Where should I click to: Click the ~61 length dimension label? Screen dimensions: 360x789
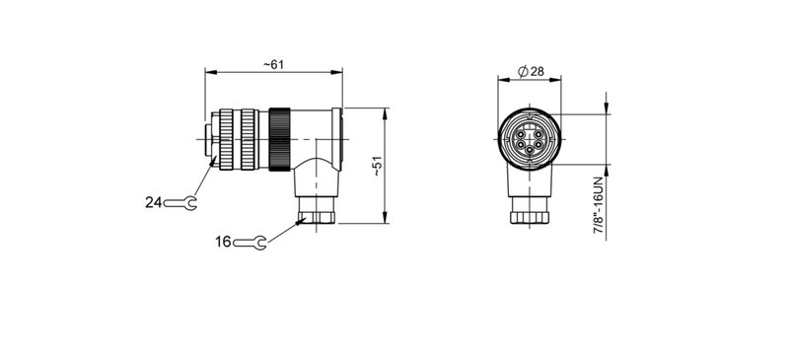point(273,64)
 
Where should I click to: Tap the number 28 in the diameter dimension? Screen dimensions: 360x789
point(538,71)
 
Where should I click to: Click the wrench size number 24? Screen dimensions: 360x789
point(153,202)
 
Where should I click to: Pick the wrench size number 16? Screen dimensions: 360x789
point(222,240)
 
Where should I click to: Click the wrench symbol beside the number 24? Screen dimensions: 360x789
point(181,203)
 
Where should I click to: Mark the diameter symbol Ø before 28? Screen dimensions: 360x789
point(520,71)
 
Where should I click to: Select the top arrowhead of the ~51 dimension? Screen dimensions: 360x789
point(385,109)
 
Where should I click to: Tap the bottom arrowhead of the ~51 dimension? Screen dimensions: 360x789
point(385,223)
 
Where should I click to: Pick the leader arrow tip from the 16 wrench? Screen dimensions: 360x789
point(301,219)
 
